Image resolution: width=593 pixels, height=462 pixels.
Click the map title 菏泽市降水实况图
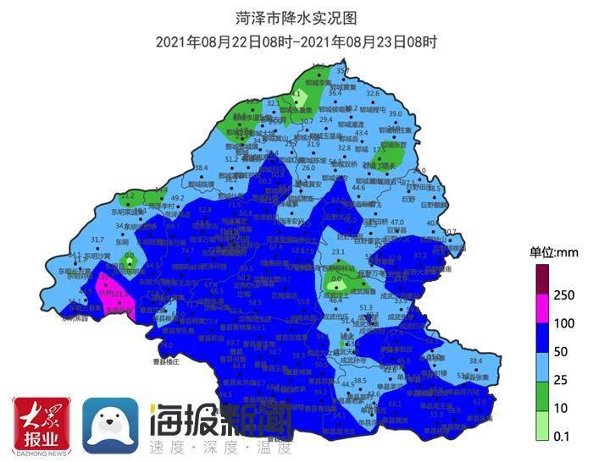(296, 17)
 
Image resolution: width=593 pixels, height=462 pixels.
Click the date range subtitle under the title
(296, 41)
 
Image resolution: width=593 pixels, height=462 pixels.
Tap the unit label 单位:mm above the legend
(553, 251)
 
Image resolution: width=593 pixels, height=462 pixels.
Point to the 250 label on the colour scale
(564, 294)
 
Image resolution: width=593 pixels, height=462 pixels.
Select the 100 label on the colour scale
(564, 323)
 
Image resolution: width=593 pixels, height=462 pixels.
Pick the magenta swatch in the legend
(540, 309)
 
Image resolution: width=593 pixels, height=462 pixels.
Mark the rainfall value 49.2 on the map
(178, 198)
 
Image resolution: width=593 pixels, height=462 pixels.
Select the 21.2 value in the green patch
(129, 195)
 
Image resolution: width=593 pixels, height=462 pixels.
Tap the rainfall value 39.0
(395, 113)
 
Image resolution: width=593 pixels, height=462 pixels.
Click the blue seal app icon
(111, 424)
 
